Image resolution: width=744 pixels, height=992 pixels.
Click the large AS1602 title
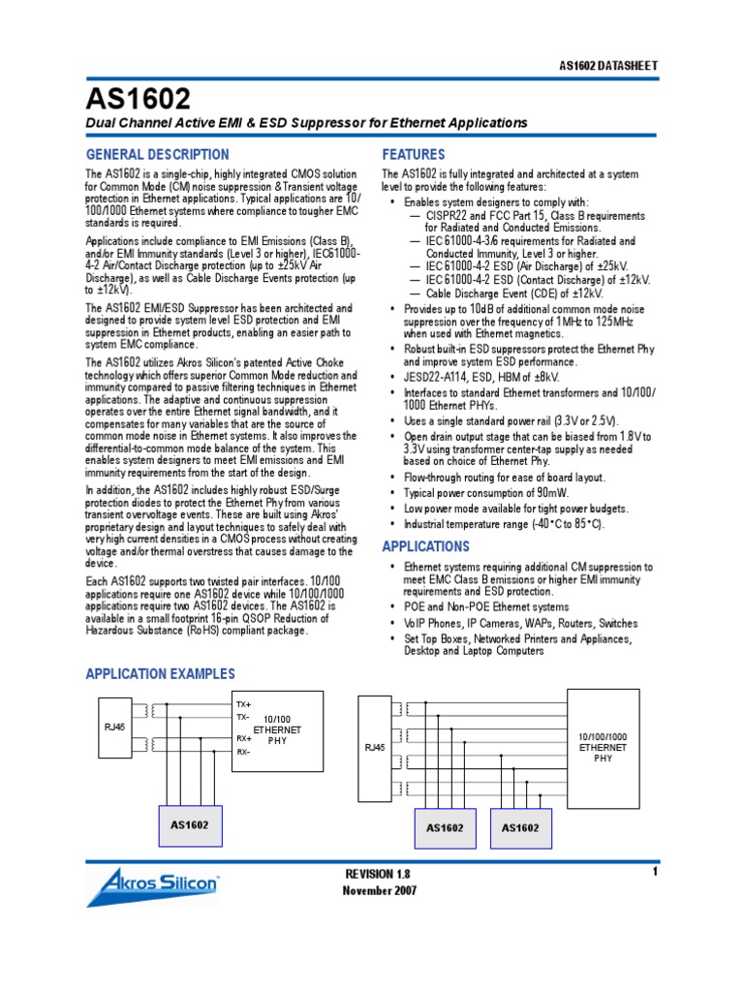139,98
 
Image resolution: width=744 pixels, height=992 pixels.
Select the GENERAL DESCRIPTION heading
158,155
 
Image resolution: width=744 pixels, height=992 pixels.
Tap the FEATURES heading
414,155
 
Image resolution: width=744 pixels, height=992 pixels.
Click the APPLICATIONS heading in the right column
425,546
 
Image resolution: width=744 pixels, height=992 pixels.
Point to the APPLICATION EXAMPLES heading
161,674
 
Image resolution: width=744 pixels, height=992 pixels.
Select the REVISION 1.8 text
385,875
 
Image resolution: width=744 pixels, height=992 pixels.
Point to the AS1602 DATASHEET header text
609,66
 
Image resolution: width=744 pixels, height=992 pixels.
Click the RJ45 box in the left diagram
115,726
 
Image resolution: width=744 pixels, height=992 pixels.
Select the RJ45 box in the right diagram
375,747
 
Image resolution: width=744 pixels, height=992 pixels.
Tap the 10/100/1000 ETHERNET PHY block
603,747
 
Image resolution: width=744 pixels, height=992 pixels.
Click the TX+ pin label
243,704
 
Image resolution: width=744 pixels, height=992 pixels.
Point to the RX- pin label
243,752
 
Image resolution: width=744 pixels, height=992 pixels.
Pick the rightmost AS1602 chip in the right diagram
519,828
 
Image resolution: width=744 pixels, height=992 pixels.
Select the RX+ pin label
243,738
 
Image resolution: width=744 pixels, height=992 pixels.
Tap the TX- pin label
243,718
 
